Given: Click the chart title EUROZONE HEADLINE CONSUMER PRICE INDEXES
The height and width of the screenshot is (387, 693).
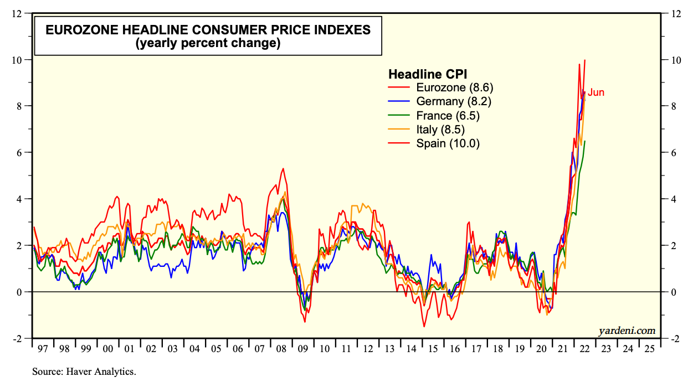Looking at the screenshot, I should point(208,30).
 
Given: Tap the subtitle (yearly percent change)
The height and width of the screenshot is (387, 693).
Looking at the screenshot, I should point(208,43).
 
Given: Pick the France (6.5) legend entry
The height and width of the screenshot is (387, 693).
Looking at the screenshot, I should point(447,116).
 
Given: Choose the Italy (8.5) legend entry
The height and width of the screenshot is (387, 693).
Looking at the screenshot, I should point(439,130).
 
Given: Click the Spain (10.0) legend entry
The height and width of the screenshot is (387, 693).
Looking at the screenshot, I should point(447,143).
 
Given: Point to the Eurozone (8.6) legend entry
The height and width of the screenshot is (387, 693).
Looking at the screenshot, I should point(454,87).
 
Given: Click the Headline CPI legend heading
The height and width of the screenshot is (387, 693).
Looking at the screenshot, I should point(427,74).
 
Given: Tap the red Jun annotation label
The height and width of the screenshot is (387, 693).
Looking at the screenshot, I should point(596,92).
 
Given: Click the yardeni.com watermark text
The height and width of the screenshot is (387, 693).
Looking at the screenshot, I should point(627,331).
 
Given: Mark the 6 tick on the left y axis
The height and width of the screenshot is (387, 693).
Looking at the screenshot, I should point(20,152).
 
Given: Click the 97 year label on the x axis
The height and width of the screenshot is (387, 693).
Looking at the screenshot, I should point(43,349).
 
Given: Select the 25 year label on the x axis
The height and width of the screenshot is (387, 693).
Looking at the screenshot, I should point(649,349).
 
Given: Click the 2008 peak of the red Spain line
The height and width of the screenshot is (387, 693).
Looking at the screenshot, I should point(283,168).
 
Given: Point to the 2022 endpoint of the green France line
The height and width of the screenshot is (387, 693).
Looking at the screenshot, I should point(585,141).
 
